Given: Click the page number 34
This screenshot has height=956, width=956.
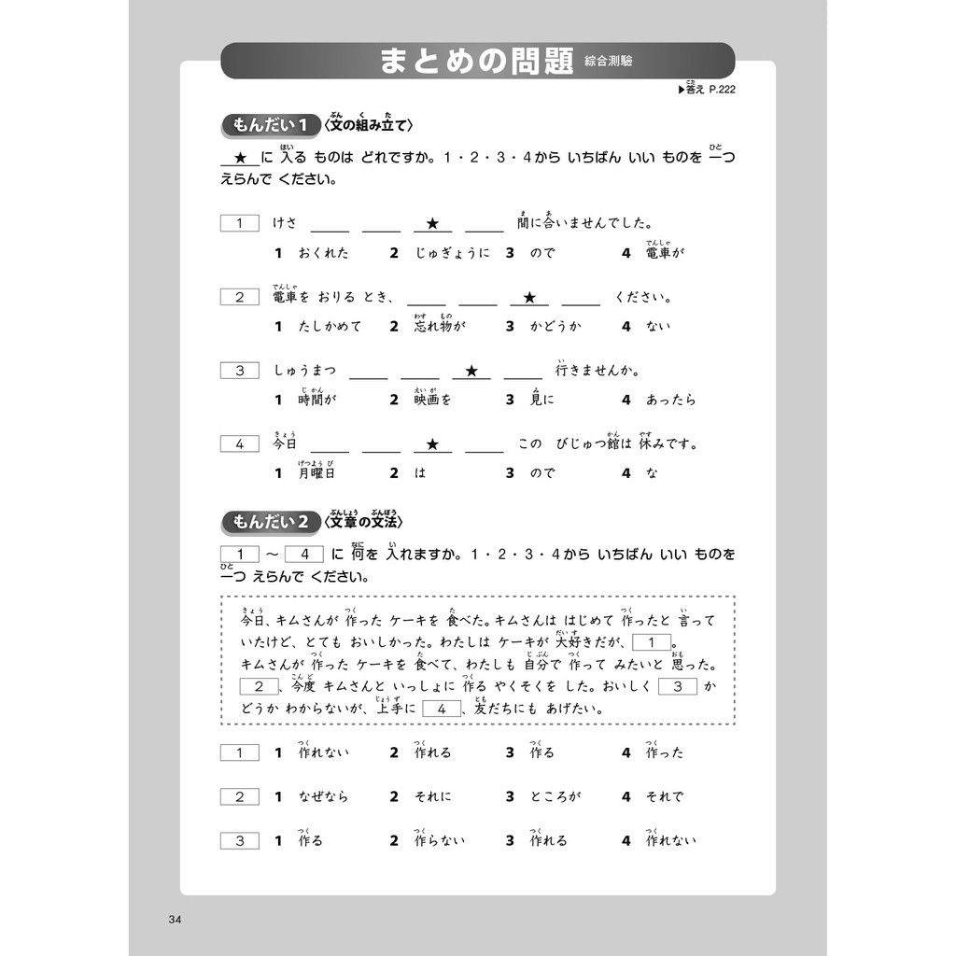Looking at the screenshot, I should pyautogui.click(x=174, y=921).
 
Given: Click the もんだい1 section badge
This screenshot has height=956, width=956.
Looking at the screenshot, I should pyautogui.click(x=270, y=125).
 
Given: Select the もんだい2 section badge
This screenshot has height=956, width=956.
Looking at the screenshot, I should pyautogui.click(x=270, y=522).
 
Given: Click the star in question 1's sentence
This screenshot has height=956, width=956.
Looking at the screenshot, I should pyautogui.click(x=432, y=224).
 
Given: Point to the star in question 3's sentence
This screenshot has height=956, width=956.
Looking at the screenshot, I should pyautogui.click(x=471, y=371).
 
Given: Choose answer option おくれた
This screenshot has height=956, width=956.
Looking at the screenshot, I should pyautogui.click(x=323, y=253).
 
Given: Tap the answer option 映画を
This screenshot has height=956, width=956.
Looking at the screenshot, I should pyautogui.click(x=433, y=400).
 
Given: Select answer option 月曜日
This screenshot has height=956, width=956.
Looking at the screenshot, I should pyautogui.click(x=316, y=472).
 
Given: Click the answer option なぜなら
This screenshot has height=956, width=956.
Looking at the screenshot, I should pyautogui.click(x=323, y=796).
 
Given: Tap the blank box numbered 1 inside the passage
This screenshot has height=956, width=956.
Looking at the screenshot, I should pyautogui.click(x=652, y=642).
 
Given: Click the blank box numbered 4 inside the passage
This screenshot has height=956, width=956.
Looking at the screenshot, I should pyautogui.click(x=442, y=710).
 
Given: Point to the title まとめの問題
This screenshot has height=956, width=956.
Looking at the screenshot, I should pyautogui.click(x=475, y=62).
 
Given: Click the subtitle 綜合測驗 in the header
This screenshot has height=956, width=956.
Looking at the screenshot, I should pyautogui.click(x=612, y=63).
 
